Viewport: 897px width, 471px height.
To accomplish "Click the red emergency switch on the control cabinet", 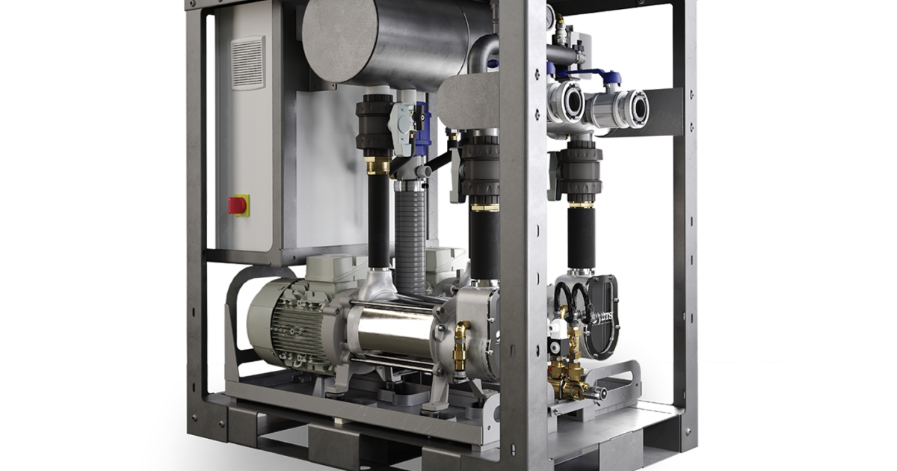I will coord(238,204).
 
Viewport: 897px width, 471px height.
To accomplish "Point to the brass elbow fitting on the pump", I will coord(464,330).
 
